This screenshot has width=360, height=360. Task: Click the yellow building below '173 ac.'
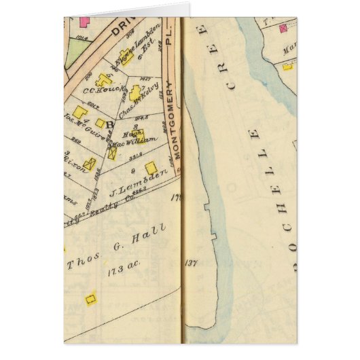[88, 298]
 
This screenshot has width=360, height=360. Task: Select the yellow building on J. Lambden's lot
[151, 167]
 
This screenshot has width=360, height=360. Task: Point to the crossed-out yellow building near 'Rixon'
[90, 164]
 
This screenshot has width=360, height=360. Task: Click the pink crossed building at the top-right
[283, 26]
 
